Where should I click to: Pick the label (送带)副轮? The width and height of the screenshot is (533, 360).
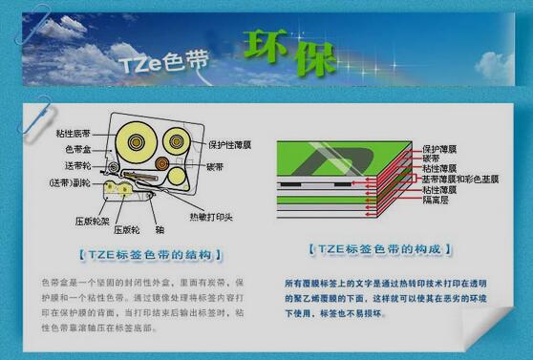tap(72, 180)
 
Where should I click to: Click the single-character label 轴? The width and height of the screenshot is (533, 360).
tap(160, 229)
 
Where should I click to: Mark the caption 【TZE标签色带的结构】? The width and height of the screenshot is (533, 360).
tap(150, 255)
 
